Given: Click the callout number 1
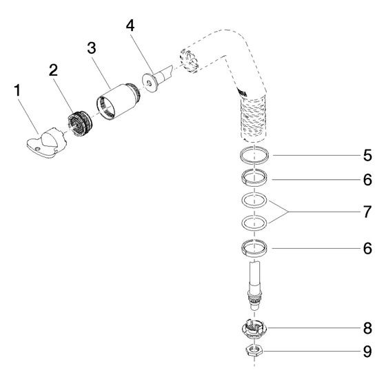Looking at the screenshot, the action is pyautogui.click(x=17, y=90).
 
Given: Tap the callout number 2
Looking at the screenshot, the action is pyautogui.click(x=53, y=70).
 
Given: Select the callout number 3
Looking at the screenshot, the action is pyautogui.click(x=92, y=48).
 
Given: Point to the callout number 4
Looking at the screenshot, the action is pyautogui.click(x=130, y=26).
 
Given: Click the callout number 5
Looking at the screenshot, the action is pyautogui.click(x=367, y=155).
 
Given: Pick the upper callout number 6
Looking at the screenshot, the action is pyautogui.click(x=367, y=180).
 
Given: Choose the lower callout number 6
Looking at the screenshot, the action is pyautogui.click(x=367, y=248).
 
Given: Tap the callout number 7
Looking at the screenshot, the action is pyautogui.click(x=367, y=212).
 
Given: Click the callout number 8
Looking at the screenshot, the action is pyautogui.click(x=367, y=328).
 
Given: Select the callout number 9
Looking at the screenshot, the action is pyautogui.click(x=367, y=352).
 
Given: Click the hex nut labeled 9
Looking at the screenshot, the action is pyautogui.click(x=254, y=351).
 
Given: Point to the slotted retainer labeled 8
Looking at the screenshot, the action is pyautogui.click(x=254, y=329).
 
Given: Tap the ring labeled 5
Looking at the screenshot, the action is pyautogui.click(x=254, y=155).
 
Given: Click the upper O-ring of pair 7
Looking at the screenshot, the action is pyautogui.click(x=254, y=201).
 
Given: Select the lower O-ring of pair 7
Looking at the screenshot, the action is pyautogui.click(x=254, y=223).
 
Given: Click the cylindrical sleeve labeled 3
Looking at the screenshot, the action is pyautogui.click(x=118, y=101).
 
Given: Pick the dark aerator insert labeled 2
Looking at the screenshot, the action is pyautogui.click(x=79, y=123).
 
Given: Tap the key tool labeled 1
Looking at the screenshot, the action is pyautogui.click(x=47, y=143).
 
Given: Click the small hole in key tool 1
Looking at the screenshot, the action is pyautogui.click(x=37, y=149).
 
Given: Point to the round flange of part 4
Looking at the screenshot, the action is pyautogui.click(x=148, y=83).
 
